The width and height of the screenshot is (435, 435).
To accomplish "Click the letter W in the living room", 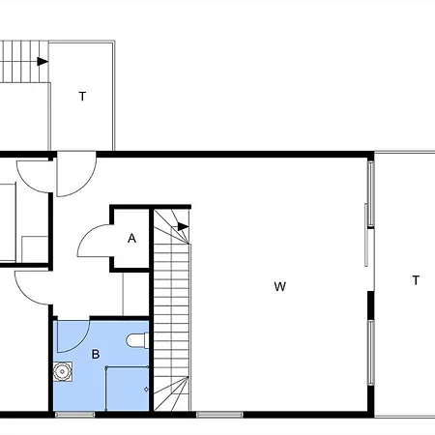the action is (x=279, y=286).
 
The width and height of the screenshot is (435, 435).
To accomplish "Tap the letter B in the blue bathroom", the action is (x=96, y=355).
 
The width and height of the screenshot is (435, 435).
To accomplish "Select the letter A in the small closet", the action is (x=131, y=239).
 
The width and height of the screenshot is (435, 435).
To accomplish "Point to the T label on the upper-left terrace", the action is (x=82, y=97).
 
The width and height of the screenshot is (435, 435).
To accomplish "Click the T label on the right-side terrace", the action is (x=416, y=280).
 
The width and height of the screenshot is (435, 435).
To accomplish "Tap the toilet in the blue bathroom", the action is (x=137, y=340).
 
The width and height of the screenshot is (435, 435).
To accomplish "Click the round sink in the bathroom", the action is (x=62, y=371).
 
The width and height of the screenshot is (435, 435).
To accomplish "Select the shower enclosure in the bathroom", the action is (x=128, y=389).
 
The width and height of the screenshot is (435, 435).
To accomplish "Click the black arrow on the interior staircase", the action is (x=183, y=226).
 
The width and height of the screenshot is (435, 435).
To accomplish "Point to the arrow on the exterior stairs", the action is (x=43, y=61).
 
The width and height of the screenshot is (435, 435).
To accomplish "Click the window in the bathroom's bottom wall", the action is (x=74, y=415).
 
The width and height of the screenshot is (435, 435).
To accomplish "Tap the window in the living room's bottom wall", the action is (x=219, y=415).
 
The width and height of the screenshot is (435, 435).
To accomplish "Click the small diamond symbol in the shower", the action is (x=146, y=390).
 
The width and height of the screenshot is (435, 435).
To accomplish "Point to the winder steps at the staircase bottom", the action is (x=171, y=393).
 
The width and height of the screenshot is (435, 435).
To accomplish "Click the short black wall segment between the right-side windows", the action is (x=371, y=305).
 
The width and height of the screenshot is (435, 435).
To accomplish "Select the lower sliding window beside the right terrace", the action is (x=371, y=352).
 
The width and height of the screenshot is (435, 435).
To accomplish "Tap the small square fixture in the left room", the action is (x=35, y=249).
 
